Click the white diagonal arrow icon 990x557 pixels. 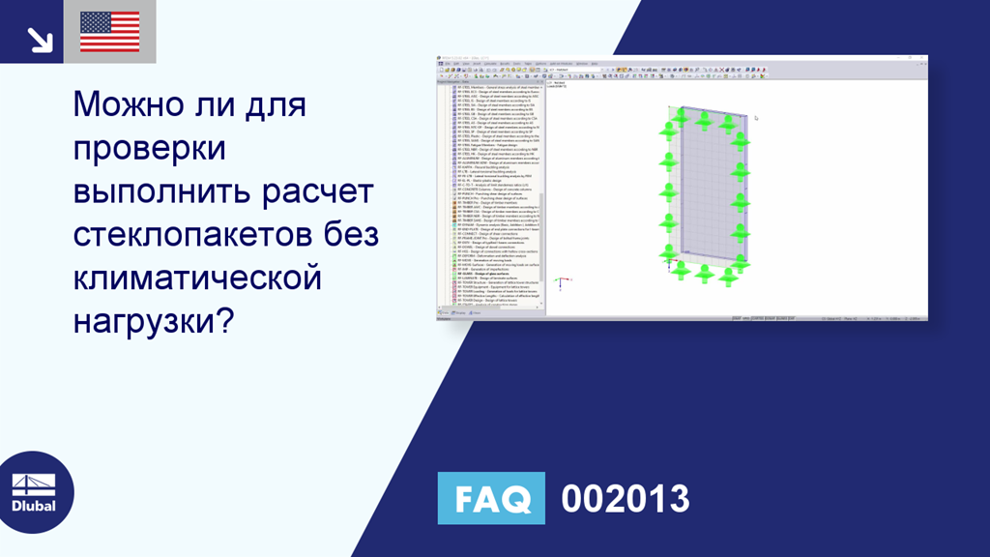click(x=39, y=37)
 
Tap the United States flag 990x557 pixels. click(x=109, y=32)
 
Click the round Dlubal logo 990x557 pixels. click(x=35, y=491)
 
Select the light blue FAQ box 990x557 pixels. click(x=491, y=499)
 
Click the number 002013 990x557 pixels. click(x=626, y=499)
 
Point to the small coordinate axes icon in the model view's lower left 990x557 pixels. click(x=560, y=283)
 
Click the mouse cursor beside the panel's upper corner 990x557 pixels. click(x=756, y=118)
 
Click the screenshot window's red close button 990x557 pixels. click(x=923, y=59)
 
